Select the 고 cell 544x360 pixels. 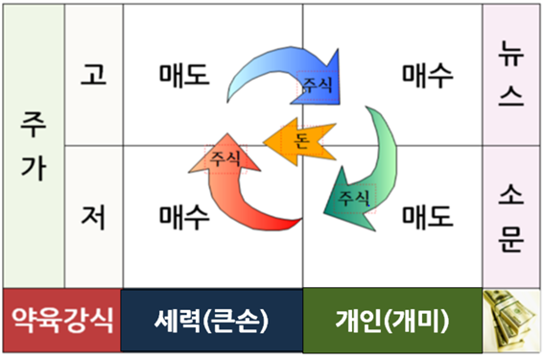point(93,74)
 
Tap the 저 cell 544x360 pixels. point(93,216)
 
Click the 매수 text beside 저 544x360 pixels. point(184,216)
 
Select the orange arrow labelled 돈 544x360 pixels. point(296,142)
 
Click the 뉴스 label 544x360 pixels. point(511,74)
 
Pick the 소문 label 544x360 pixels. point(511,216)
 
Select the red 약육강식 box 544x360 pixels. point(61,320)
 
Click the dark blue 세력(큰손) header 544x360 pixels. point(210,320)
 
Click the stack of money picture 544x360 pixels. point(510,320)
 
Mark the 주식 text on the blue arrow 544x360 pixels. point(317,84)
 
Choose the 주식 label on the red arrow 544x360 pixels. point(225,156)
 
